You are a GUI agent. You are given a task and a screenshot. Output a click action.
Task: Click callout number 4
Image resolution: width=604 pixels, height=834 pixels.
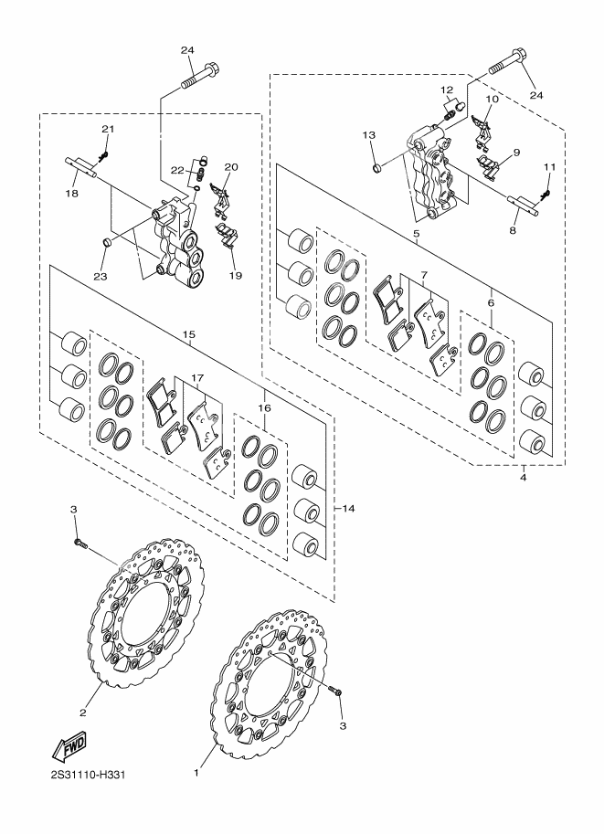523,476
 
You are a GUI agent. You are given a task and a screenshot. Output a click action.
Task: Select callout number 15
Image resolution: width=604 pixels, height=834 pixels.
189,335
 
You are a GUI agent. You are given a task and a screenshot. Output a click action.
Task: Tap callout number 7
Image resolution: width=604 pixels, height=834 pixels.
425,274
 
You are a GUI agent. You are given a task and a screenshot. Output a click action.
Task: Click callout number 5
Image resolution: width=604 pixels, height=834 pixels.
416,235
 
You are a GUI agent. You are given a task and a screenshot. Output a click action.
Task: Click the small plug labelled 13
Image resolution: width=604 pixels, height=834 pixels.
377,168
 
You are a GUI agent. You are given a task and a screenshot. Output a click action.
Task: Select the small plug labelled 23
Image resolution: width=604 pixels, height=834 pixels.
108,242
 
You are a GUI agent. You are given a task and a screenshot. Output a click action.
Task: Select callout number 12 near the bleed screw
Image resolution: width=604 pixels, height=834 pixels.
446,90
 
